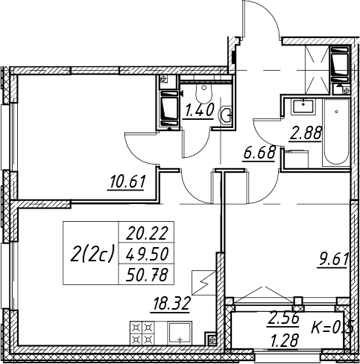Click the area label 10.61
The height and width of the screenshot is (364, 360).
pyautogui.click(x=127, y=182)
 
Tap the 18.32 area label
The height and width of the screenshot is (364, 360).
pyautogui.click(x=171, y=304)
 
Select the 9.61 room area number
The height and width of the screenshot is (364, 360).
pyautogui.click(x=332, y=261)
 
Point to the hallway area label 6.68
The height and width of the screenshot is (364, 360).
pyautogui.click(x=259, y=153)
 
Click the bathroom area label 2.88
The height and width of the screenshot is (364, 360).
pyautogui.click(x=306, y=133)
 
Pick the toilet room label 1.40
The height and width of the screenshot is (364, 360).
pyautogui.click(x=198, y=111)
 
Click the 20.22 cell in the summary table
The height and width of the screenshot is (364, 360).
pyautogui.click(x=147, y=233)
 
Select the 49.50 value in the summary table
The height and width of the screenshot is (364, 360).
pyautogui.click(x=147, y=255)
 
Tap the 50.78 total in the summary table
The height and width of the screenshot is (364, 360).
pyautogui.click(x=147, y=275)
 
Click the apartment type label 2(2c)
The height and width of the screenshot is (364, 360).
pyautogui.click(x=92, y=253)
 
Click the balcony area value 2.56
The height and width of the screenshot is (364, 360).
pyautogui.click(x=283, y=319)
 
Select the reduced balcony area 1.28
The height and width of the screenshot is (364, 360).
pyautogui.click(x=283, y=339)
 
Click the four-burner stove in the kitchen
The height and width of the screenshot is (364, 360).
pyautogui.click(x=142, y=333)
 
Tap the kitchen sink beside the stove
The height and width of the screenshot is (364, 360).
pyautogui.click(x=180, y=333)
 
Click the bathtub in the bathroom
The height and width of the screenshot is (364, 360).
pyautogui.click(x=336, y=132)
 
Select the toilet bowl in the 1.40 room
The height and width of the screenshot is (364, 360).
pyautogui.click(x=204, y=94)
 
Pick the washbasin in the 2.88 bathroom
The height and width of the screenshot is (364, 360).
pyautogui.click(x=303, y=107)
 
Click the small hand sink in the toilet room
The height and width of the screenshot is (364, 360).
pyautogui.click(x=225, y=115)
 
